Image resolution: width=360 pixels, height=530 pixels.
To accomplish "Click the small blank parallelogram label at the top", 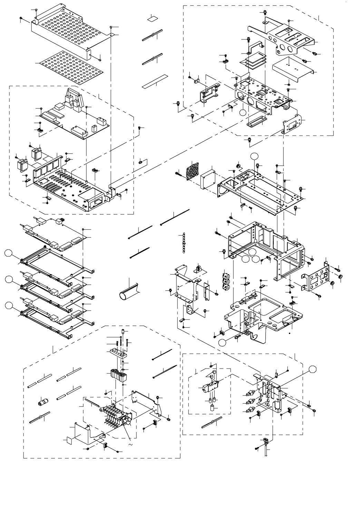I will (x=153, y=18).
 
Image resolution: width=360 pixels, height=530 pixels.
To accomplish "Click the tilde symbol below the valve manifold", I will (x=130, y=445).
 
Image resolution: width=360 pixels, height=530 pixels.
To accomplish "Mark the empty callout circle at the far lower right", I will (x=312, y=369).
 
